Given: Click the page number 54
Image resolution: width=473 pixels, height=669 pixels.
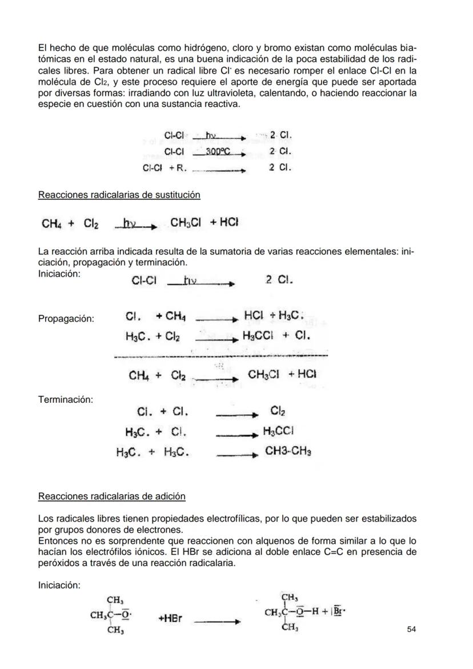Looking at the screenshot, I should [411, 629].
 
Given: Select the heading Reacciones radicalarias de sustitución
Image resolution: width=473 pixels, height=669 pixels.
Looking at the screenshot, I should [119, 195].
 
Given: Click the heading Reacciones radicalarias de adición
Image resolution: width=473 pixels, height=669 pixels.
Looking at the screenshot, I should [111, 496].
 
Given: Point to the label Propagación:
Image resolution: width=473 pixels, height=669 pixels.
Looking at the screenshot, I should [66, 318].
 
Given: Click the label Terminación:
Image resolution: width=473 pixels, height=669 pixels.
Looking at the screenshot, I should [65, 399].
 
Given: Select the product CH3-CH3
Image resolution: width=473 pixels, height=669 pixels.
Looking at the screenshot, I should [288, 452].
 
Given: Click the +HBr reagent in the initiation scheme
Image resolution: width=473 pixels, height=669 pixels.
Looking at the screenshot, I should [170, 619].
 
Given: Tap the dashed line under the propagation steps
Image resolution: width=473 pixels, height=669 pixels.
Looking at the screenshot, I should [221, 356].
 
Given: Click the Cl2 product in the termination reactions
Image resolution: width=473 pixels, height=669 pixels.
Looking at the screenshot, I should [278, 411].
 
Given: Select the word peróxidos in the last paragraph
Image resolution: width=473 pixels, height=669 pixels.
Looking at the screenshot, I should [58, 563].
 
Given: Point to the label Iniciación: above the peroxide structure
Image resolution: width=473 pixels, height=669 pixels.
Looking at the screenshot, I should [59, 585].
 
